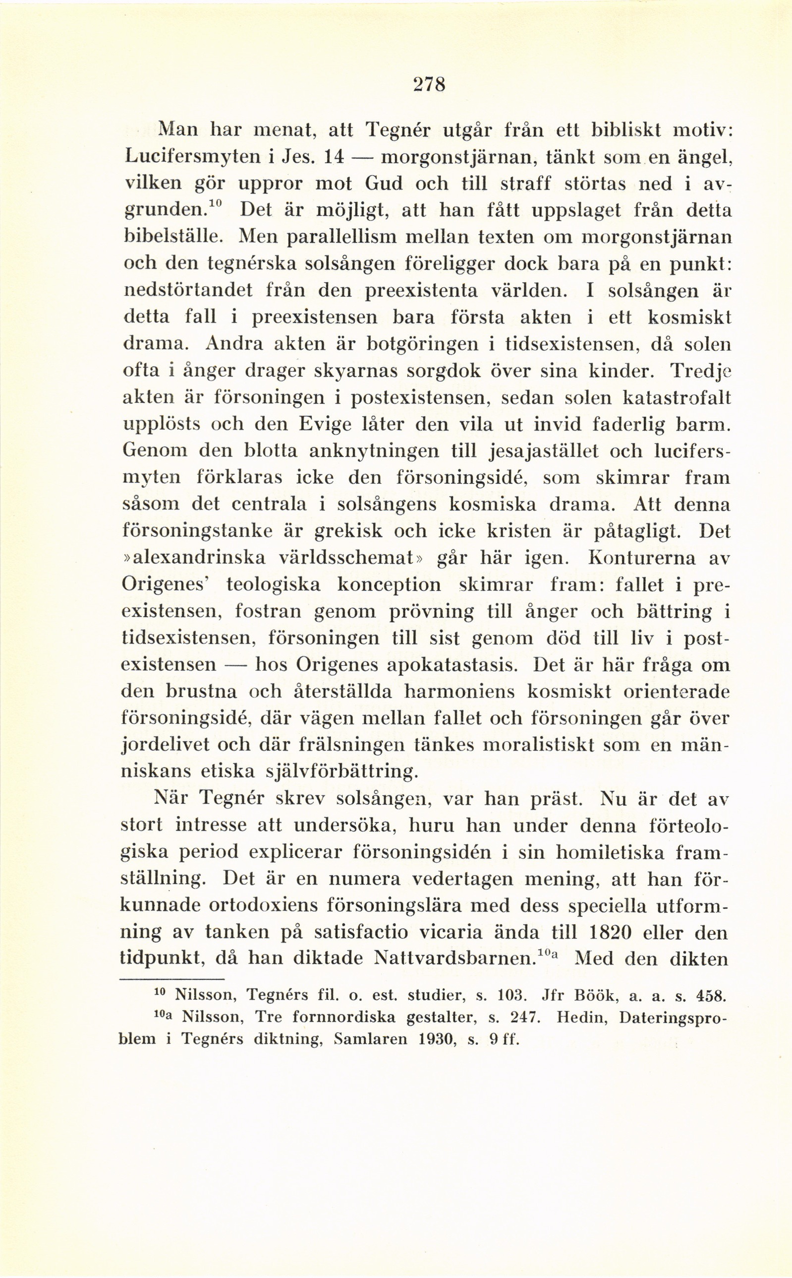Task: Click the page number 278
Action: [x=429, y=84]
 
